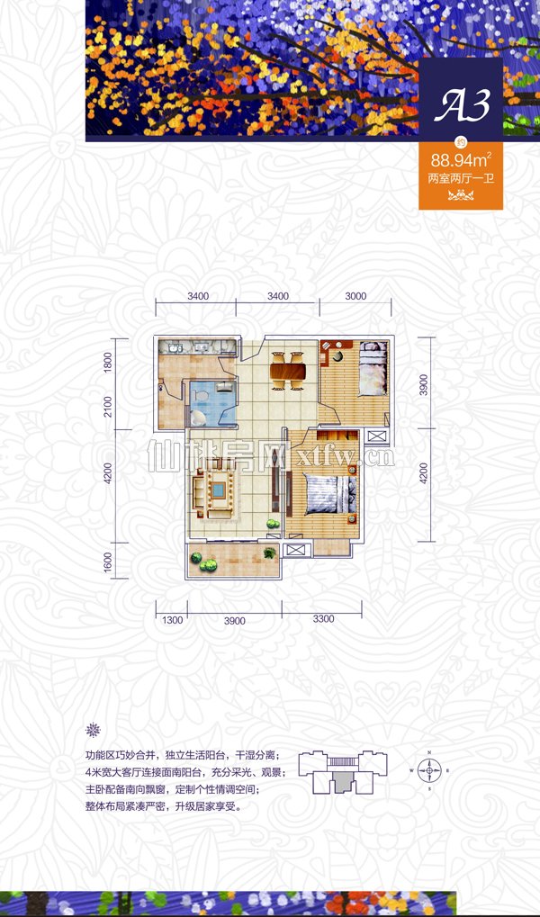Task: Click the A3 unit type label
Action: pos(461,105)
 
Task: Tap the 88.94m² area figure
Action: pos(461,159)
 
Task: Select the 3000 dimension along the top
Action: pos(355,296)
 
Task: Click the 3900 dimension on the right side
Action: pos(424,385)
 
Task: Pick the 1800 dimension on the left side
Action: pos(107,363)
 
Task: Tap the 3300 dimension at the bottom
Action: pos(323,619)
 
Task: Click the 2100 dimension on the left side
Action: pos(107,407)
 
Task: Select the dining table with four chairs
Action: pos(287,370)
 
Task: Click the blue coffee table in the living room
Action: pos(220,489)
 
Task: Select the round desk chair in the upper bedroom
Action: pos(338,355)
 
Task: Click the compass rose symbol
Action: pos(429,771)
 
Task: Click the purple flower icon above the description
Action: pos(93,730)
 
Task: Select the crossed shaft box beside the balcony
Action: pos(297,550)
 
